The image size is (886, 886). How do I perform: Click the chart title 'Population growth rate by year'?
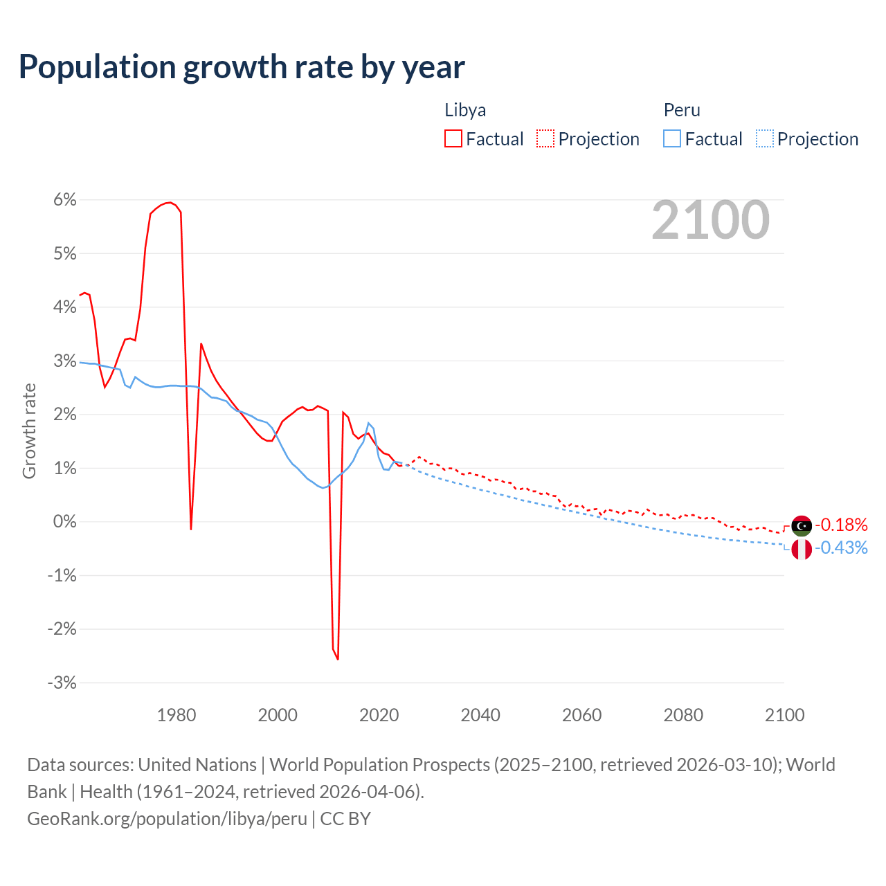(x=242, y=67)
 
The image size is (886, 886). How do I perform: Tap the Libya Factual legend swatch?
(x=453, y=138)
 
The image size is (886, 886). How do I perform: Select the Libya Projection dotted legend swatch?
(x=545, y=138)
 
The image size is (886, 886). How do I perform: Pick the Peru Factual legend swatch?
(x=671, y=138)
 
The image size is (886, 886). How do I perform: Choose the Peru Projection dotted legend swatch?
(x=764, y=138)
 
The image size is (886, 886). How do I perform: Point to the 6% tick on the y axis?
(x=64, y=199)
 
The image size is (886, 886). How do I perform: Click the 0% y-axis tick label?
(x=64, y=521)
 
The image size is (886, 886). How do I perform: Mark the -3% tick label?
(x=62, y=682)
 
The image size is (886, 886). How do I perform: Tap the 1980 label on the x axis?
(x=177, y=715)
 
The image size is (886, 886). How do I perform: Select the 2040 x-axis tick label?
(x=480, y=715)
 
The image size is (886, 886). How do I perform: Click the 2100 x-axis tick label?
(x=784, y=715)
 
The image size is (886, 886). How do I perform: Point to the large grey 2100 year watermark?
(x=710, y=220)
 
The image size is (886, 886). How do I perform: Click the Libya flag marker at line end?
(x=802, y=526)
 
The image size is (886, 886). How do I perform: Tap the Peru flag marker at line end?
(x=802, y=550)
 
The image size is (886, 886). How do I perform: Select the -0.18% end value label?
(x=841, y=525)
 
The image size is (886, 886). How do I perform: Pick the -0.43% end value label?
(x=841, y=548)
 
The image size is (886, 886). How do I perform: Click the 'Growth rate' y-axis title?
(x=29, y=431)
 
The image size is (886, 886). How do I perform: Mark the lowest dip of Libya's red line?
(x=338, y=658)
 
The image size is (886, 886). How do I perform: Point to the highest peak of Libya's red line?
(x=170, y=202)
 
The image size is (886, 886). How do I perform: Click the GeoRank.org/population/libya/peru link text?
(x=167, y=818)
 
